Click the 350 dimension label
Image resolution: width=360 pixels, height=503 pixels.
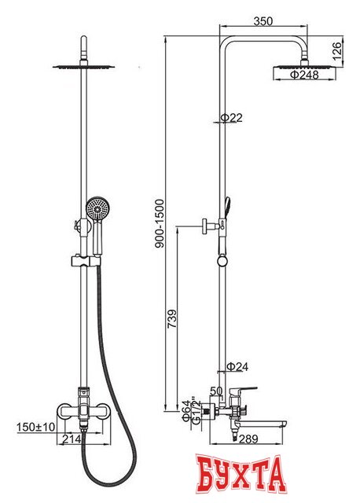point(263,21)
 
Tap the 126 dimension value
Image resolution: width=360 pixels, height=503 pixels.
point(337,51)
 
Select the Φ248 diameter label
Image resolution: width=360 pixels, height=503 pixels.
point(304,75)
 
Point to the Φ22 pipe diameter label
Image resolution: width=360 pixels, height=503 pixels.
point(231,118)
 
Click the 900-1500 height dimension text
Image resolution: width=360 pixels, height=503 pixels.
point(160,223)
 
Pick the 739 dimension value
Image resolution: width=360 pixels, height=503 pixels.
point(172,318)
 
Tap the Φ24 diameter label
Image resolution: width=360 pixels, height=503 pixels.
point(237,366)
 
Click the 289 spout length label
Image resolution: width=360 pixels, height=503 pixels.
point(248,439)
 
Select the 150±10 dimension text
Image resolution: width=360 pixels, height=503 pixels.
point(36,427)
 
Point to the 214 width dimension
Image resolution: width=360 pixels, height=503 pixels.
point(72,439)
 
